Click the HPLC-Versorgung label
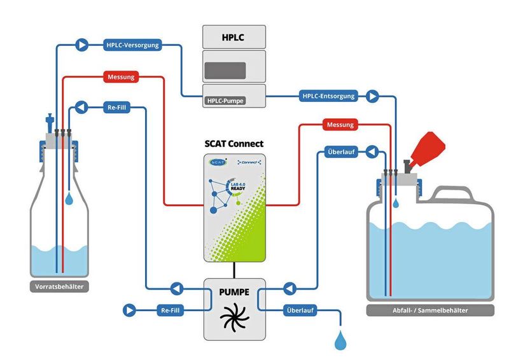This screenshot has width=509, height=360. click(132, 45)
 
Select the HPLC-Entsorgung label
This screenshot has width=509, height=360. click(328, 97)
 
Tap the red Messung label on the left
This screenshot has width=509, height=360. click(120, 78)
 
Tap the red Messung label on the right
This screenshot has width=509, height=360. click(340, 125)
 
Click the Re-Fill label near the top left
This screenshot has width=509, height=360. click(116, 108)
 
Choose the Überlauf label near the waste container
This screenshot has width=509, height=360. click(341, 152)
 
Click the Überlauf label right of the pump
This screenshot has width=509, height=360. click(298, 310)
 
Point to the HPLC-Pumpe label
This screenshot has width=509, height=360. click(225, 100)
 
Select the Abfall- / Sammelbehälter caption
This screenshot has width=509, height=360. click(430, 310)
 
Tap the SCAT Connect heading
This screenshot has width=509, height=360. click(235, 144)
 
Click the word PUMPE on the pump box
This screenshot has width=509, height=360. click(234, 293)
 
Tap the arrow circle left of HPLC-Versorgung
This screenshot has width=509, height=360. click(81, 45)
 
